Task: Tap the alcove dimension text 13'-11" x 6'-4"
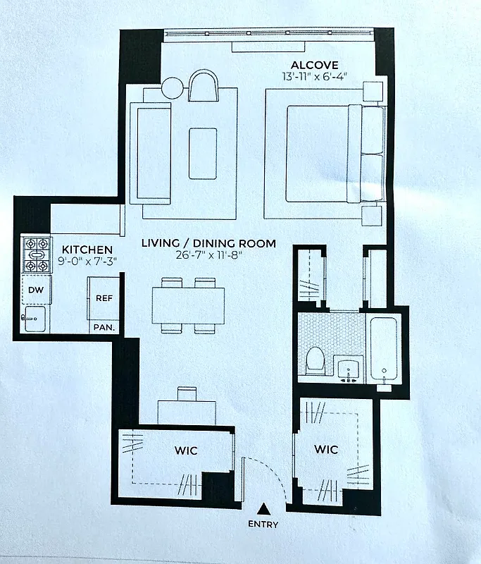coord(314,75)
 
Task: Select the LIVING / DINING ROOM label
coord(208,244)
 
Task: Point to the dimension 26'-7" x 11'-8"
coord(208,255)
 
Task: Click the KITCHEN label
coord(87,250)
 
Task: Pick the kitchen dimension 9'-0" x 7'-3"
coord(87,261)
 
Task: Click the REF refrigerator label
coord(104,298)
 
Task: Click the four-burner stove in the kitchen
coord(35,255)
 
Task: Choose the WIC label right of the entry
coord(327,449)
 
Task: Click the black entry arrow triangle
coord(263,508)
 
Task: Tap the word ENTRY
coord(263,524)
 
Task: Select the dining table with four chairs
coord(188,305)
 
